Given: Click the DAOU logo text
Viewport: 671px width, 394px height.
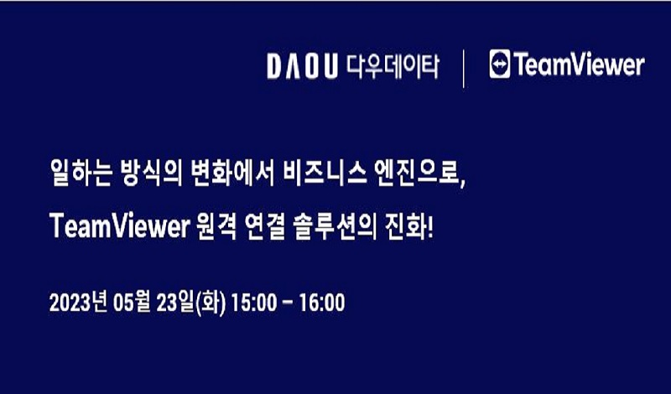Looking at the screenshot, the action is [x=303, y=66].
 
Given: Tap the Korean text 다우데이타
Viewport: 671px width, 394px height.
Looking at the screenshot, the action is [x=393, y=66].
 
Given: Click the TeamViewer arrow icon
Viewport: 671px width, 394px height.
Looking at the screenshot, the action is [x=500, y=65].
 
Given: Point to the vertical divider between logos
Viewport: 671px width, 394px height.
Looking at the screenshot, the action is [x=464, y=69].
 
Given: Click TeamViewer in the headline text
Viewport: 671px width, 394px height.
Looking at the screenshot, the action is [x=119, y=226].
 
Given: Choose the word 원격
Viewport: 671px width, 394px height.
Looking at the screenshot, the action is [x=216, y=226].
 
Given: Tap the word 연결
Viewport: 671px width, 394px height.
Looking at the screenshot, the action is [x=267, y=226].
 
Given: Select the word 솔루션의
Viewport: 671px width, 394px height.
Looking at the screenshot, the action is [x=335, y=226].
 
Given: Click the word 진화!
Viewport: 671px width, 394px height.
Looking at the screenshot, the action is [x=410, y=226].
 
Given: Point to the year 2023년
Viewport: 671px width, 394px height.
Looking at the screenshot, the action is [x=77, y=303].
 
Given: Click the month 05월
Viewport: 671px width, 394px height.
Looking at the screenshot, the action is [x=132, y=303].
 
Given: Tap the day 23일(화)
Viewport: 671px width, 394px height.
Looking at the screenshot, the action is [x=190, y=303].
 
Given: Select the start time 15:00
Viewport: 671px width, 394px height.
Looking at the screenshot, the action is [x=254, y=303].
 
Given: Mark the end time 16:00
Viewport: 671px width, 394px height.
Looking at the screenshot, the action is [x=322, y=303].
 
